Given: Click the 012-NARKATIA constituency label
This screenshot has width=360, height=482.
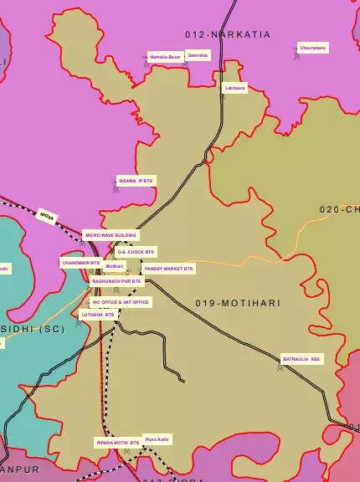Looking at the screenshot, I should click(x=228, y=34).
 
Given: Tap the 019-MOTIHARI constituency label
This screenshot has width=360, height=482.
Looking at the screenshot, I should click(x=239, y=303).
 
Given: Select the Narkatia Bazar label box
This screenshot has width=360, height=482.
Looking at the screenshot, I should click(x=165, y=57).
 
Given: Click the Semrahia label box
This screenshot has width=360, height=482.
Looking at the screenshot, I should click(x=198, y=56).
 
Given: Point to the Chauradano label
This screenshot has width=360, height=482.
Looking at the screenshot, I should click(x=313, y=49).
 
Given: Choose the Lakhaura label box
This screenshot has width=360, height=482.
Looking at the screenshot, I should click(x=235, y=87).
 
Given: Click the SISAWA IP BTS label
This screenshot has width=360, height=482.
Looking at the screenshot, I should click(x=136, y=181).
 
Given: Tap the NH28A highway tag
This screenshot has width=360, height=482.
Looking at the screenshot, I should click(x=47, y=216).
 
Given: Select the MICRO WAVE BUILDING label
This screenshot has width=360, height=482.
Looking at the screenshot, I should click(x=111, y=235).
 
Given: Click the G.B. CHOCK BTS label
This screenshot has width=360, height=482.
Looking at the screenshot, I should click(x=136, y=252).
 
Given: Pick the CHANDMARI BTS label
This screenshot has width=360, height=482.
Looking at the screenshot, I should click(x=80, y=263).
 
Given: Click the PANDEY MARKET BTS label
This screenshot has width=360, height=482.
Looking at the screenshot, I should click(x=168, y=269).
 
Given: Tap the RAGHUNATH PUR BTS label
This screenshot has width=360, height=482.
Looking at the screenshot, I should click(x=117, y=282).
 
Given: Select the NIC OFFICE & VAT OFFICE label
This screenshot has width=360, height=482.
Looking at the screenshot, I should click(x=121, y=302).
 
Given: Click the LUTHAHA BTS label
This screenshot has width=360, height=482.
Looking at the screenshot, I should click(x=98, y=315).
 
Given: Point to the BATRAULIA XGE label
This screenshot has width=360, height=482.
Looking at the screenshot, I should click(x=301, y=359).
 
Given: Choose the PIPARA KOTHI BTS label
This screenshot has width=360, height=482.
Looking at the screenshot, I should click(x=117, y=442).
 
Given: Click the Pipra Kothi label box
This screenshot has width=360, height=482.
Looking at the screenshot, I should click(x=157, y=438).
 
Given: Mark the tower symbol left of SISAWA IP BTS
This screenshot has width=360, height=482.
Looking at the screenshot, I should click(x=116, y=188).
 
